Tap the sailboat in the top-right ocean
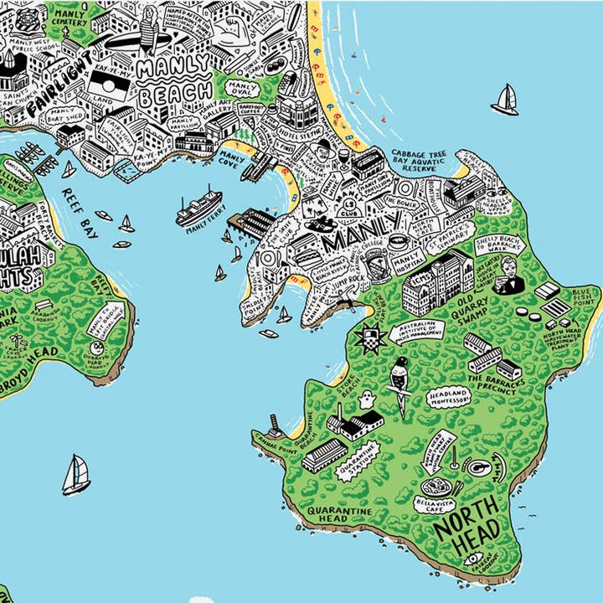tap(505, 100)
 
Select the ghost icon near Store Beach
tap(365, 402)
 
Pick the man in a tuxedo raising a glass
tap(508, 277)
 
